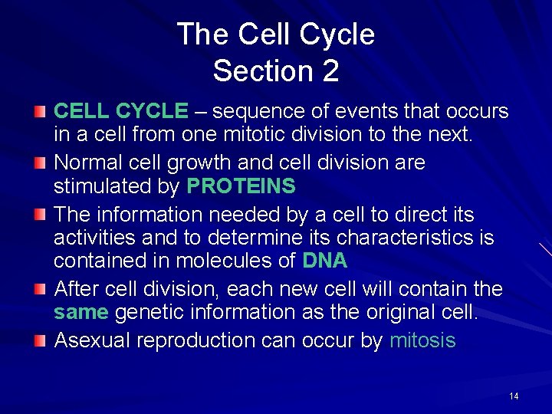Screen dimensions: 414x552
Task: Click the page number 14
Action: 514,396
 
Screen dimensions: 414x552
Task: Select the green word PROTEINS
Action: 242,186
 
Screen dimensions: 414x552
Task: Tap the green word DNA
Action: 325,261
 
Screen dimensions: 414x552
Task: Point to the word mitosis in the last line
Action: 422,340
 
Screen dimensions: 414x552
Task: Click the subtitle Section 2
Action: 276,71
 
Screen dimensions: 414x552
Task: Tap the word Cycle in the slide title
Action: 337,34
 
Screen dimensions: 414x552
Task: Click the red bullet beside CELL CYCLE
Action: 40,113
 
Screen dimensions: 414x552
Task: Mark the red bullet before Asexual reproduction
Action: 40,341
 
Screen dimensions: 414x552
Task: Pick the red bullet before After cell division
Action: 40,290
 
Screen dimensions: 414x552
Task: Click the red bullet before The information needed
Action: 40,215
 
